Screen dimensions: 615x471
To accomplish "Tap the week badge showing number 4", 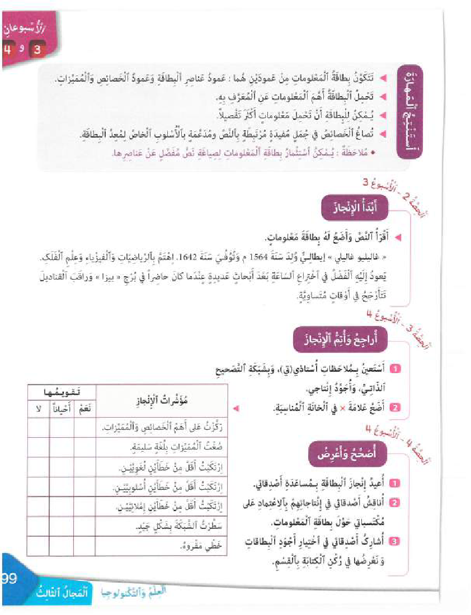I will (7, 50).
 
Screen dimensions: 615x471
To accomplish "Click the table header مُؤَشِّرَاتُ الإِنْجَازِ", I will (163, 401).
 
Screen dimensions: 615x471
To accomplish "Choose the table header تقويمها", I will (62, 393).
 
